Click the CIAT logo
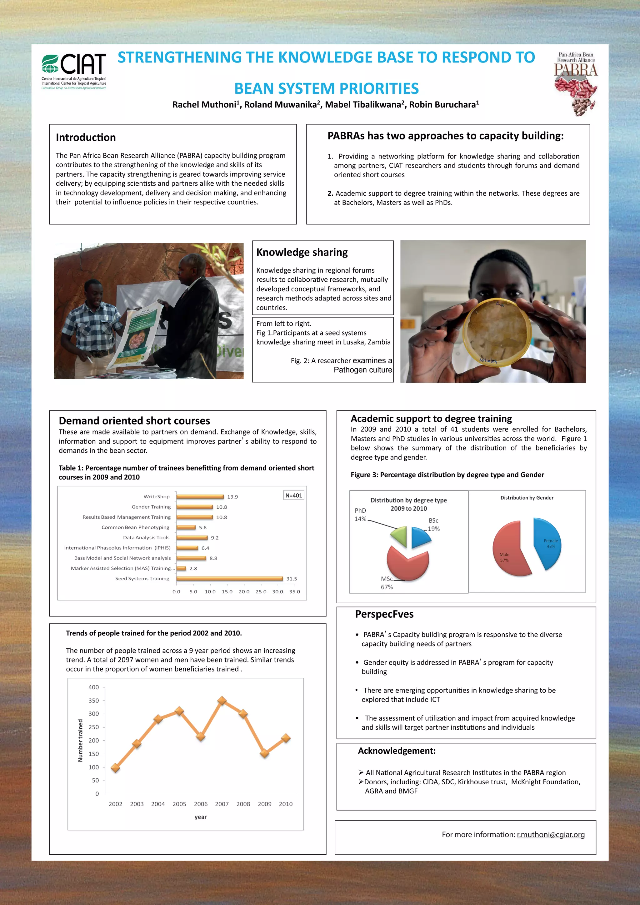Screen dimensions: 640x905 click(x=74, y=69)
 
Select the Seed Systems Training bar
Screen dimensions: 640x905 click(x=230, y=579)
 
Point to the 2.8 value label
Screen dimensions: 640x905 click(x=193, y=568)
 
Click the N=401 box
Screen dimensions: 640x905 click(x=294, y=495)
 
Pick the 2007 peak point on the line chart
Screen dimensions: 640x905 click(x=222, y=701)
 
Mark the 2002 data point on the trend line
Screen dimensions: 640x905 click(x=115, y=767)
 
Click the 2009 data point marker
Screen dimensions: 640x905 click(x=264, y=754)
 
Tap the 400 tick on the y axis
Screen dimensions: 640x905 click(x=94, y=687)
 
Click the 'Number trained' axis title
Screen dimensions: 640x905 click(x=80, y=740)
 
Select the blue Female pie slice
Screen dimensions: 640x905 click(x=548, y=543)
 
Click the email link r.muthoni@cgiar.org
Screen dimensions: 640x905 click(x=551, y=834)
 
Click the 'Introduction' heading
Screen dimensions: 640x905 click(x=86, y=138)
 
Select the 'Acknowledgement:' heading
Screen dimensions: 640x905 click(x=397, y=751)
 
